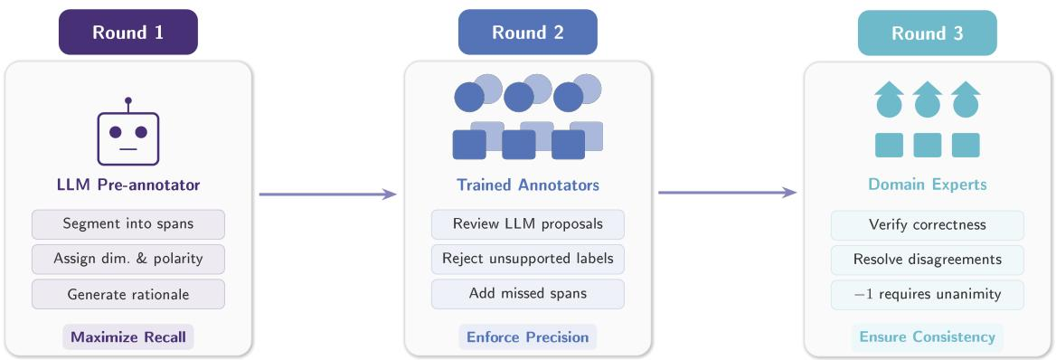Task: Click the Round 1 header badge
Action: pos(128,32)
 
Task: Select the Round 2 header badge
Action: pos(527,32)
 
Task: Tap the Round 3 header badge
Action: pos(927,33)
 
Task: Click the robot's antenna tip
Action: pos(128,100)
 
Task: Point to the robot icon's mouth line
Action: pos(128,149)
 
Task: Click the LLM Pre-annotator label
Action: pos(128,185)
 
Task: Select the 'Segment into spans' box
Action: pos(128,224)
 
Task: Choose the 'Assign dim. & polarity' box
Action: pos(128,260)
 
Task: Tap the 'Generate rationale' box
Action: pos(128,295)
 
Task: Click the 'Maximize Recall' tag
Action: pos(128,337)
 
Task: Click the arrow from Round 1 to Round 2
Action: pos(327,194)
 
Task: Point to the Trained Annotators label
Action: pos(528,185)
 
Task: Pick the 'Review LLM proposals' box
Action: pos(528,224)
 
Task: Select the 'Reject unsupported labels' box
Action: pos(528,260)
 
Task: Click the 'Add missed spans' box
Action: pos(528,295)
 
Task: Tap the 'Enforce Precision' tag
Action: pos(528,337)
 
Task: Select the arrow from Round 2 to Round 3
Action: pos(727,194)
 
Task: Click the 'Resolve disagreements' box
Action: pos(928,260)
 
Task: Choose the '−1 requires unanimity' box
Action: pos(928,295)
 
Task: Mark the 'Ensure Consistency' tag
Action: pos(928,337)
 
